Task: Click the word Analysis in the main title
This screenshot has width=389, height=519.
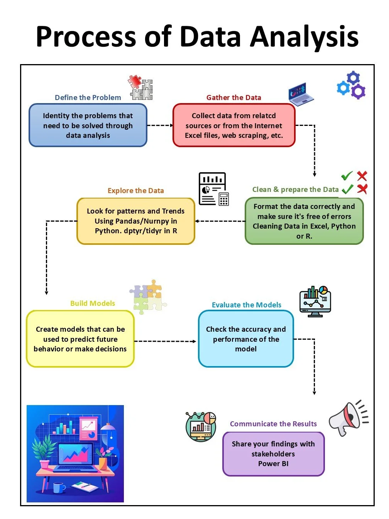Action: point(304,37)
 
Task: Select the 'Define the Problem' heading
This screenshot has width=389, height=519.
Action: point(88,98)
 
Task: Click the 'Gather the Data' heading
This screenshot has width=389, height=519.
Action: point(233,98)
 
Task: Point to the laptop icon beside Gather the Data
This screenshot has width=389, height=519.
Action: point(301,94)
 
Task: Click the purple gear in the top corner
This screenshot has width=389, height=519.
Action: point(359,92)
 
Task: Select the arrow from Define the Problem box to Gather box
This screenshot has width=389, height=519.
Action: point(160,125)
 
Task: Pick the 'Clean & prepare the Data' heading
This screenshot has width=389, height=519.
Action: point(295,190)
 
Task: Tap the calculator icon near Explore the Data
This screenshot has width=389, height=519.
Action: point(224,199)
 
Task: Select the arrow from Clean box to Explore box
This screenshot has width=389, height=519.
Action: point(220,221)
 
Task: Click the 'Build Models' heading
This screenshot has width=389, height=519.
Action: point(93,304)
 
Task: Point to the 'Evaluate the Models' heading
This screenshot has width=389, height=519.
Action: point(247,305)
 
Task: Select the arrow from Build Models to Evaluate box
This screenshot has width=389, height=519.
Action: point(165,341)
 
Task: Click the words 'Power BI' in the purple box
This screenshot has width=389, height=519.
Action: point(273,464)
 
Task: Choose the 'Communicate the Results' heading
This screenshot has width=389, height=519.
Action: point(273,424)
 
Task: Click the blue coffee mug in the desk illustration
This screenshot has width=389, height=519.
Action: point(59,487)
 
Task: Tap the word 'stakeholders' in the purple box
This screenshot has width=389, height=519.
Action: point(273,454)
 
